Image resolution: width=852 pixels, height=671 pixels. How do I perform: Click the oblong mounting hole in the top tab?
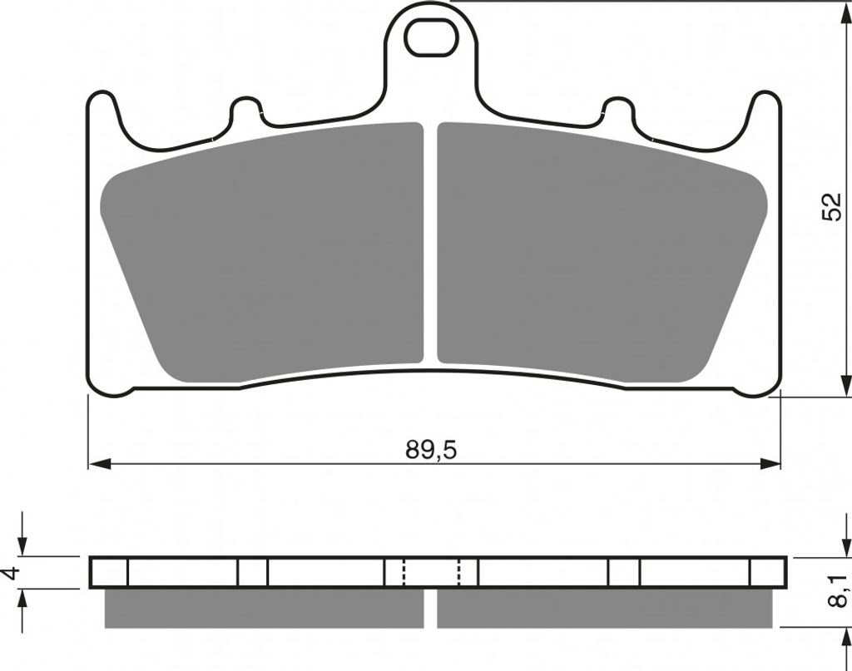coord(431,37)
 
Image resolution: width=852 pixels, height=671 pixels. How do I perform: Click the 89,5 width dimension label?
coord(432,450)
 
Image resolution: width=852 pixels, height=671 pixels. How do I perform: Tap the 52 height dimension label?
coord(831,206)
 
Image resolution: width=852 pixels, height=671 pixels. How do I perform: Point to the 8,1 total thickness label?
coord(838,591)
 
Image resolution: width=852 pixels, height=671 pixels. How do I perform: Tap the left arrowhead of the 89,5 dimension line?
coord(100,464)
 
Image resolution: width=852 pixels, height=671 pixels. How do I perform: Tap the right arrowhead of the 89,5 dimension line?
coord(770,464)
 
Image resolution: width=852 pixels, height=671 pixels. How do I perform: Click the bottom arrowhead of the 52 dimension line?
coord(845,386)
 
